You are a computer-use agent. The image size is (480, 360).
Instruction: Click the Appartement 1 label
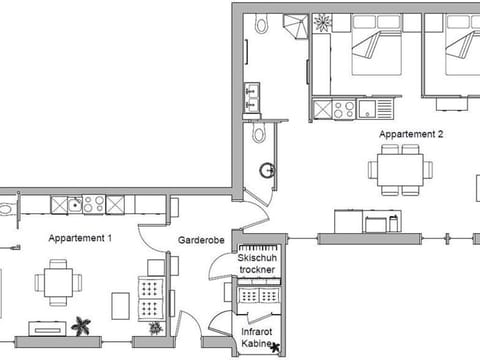click(x=80, y=238)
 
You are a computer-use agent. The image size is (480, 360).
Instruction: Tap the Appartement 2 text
click(x=411, y=134)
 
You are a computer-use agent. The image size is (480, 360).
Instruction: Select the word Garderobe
click(x=201, y=240)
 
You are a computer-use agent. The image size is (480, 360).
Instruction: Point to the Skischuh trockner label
click(x=257, y=263)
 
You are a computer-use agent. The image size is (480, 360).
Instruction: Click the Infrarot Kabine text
click(x=256, y=337)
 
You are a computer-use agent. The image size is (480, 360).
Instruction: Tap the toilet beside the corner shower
click(x=261, y=23)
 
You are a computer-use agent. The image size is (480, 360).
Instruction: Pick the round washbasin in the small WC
click(x=267, y=170)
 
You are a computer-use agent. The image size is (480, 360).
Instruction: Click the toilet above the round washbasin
click(x=259, y=132)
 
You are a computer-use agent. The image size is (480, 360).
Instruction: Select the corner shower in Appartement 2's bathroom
click(x=295, y=26)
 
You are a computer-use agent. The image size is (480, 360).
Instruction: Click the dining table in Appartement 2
click(x=400, y=170)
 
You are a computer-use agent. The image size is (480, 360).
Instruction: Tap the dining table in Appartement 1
click(x=58, y=282)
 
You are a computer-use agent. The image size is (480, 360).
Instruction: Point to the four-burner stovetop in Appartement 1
click(x=94, y=204)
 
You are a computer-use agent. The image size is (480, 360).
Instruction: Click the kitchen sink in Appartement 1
click(x=75, y=204)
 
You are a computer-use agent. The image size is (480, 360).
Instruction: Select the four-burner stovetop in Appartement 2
click(x=344, y=109)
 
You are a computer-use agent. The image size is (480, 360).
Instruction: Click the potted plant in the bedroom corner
click(x=322, y=23)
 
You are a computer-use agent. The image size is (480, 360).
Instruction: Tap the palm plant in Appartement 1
click(x=81, y=326)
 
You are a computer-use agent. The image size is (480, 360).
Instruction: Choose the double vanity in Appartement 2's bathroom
click(x=252, y=97)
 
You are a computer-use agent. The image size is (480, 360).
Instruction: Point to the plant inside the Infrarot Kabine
click(x=275, y=347)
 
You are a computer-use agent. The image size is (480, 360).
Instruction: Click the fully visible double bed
click(x=377, y=44)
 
